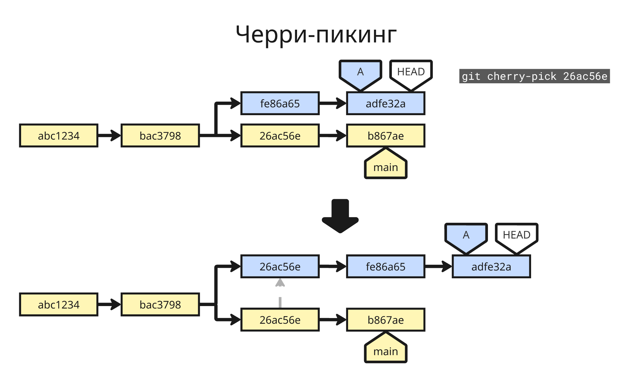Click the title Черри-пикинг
316,35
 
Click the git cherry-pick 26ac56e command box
534,76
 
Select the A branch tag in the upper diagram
360,74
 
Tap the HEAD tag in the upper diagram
411,73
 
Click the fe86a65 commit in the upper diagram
280,103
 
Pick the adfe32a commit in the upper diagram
386,103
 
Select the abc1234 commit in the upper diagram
59,136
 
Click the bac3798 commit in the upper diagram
160,136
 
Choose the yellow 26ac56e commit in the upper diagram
280,136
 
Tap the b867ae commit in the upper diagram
386,136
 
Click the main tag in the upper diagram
386,166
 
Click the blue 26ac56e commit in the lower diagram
280,267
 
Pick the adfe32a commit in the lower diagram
491,267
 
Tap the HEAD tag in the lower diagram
517,236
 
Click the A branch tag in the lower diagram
466,236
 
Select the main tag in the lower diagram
386,350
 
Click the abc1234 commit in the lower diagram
59,304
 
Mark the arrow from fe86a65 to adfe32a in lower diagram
438,267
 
